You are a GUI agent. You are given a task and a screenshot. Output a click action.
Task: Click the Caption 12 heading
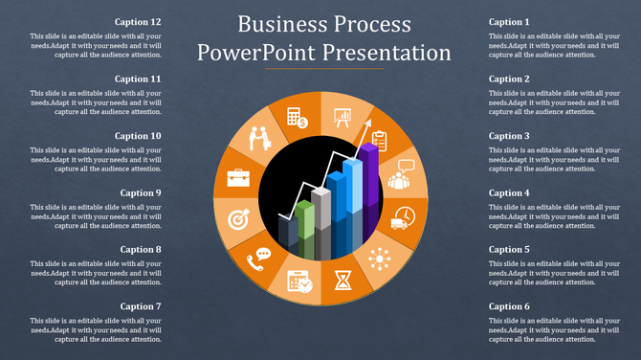coord(138,22)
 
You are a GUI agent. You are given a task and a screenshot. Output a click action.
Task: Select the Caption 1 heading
coord(509,22)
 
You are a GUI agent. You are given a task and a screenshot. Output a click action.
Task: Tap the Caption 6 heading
coord(509,306)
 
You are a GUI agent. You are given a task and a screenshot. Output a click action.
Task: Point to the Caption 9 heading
coord(141,192)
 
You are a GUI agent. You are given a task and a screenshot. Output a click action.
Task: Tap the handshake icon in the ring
coord(260,141)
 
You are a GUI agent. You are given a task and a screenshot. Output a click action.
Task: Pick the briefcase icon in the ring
coord(238,177)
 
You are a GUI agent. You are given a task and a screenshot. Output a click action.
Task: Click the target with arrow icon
coord(238,219)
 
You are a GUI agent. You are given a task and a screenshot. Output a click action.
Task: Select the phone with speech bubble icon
coord(259,258)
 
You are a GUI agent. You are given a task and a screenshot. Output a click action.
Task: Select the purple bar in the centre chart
coord(368,177)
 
